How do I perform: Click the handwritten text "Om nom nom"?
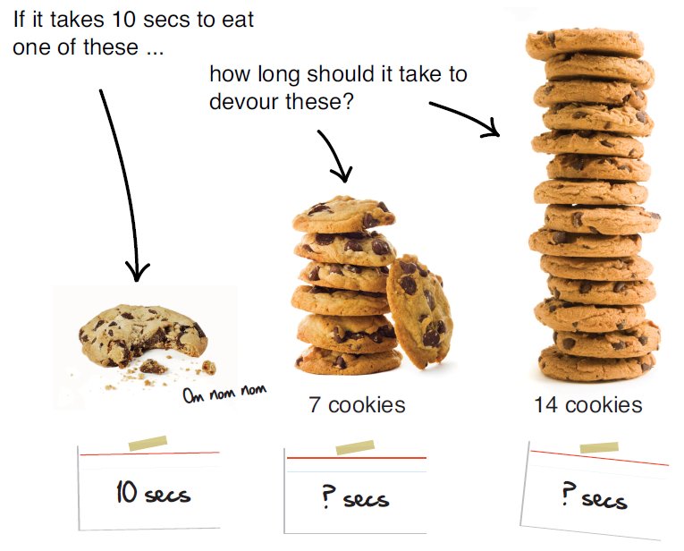224,394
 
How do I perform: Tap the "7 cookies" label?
357,405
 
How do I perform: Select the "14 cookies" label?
588,405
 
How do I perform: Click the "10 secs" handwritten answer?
153,493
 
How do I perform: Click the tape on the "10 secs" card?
148,443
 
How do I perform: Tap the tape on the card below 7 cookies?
355,447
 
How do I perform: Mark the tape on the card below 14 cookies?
599,447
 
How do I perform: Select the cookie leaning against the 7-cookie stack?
419,310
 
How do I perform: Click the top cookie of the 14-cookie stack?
585,43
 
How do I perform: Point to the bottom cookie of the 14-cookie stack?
596,364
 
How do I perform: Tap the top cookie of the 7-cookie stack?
343,214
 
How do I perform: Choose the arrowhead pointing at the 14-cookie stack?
492,128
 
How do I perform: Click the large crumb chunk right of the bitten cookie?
209,368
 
